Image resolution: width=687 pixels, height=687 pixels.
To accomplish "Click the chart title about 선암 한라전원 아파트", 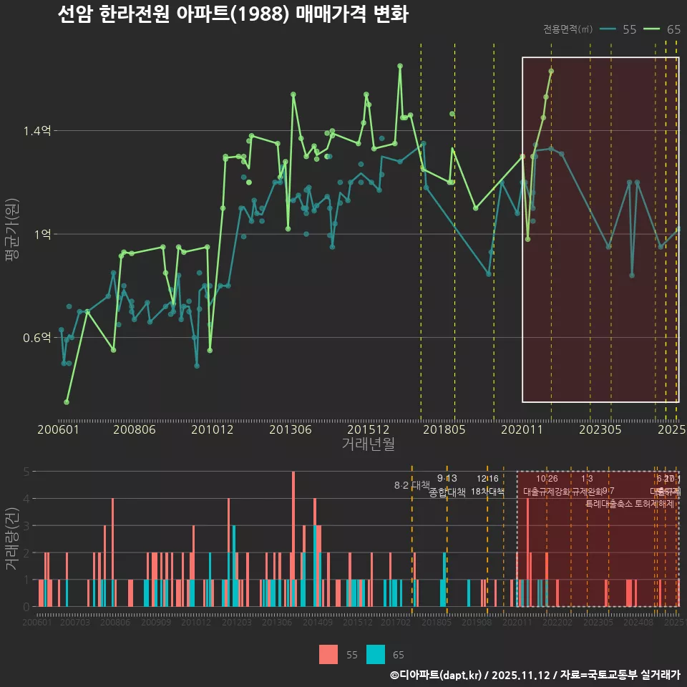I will point(233,14).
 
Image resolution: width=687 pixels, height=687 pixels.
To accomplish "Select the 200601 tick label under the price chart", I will point(58,430).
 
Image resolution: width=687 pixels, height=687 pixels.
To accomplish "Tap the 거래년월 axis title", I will point(368,444).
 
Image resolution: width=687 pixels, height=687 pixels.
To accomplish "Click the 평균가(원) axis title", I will point(11,234).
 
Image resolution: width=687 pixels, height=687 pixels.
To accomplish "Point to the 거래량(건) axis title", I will point(11,539).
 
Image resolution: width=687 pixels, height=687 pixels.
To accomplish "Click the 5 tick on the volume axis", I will point(26,472).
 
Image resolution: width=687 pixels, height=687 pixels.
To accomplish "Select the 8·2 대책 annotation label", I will point(411,485).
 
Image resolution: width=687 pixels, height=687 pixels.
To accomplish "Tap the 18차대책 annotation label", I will point(487,491).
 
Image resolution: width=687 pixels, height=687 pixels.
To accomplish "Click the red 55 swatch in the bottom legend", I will point(328,654).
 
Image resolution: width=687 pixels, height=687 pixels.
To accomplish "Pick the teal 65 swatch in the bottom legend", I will point(376,654).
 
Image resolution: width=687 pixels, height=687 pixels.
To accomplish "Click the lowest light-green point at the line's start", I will point(67,402).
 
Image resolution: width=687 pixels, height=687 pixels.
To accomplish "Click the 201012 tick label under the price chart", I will point(213,430).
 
